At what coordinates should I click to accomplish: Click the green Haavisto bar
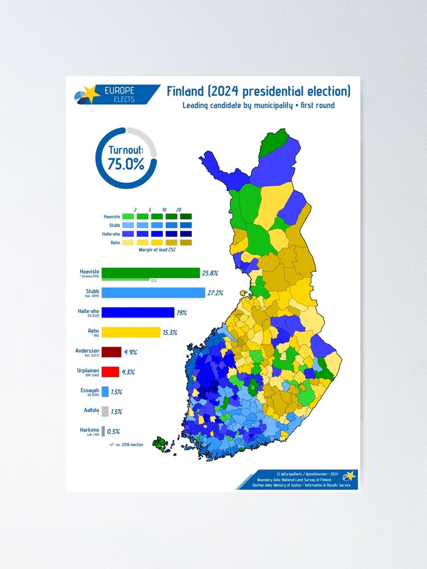[150, 273]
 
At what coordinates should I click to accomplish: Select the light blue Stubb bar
[153, 292]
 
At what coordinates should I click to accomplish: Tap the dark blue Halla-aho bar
[138, 312]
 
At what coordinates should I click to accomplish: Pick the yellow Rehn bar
[131, 332]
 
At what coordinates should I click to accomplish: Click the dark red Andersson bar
[111, 352]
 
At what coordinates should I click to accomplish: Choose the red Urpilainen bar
[110, 372]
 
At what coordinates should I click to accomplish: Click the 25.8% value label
[209, 274]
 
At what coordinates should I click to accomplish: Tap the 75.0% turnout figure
[126, 164]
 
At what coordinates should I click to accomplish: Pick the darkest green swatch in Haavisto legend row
[186, 217]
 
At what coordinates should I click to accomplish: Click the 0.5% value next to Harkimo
[114, 431]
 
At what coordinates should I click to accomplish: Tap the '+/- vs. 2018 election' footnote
[126, 444]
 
